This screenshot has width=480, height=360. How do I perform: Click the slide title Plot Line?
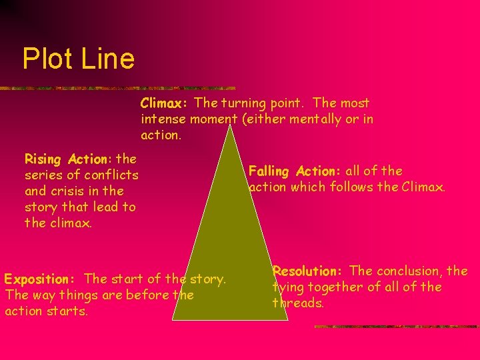78,59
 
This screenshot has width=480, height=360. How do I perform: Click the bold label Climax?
165,103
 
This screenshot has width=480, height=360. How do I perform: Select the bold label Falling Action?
295,171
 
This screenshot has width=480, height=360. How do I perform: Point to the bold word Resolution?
307,271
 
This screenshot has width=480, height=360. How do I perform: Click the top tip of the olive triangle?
231,124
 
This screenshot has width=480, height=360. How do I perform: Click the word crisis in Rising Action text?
70,191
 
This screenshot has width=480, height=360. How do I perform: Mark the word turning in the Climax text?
245,103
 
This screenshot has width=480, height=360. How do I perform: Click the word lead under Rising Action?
97,207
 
